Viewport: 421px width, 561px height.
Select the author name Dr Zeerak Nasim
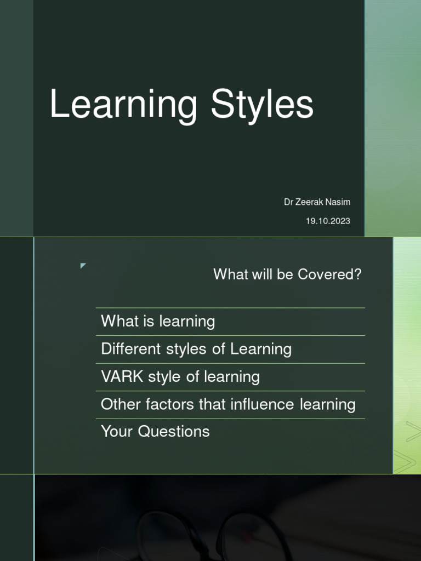coord(317,202)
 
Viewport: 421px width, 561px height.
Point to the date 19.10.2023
coord(328,221)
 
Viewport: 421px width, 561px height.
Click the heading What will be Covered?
coord(287,274)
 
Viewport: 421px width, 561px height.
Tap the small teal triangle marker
coord(83,266)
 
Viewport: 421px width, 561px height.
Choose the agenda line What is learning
coord(158,321)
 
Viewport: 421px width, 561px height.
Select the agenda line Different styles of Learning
coord(196,349)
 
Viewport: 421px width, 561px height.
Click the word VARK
coord(122,376)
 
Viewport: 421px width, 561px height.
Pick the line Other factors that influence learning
coord(229,405)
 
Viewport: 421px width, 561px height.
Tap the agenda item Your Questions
coord(155,432)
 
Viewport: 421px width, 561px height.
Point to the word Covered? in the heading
coord(329,274)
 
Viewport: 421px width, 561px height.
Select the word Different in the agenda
coord(131,349)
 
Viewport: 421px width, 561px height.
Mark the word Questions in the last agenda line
coord(174,432)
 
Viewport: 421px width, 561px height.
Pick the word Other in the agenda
coord(121,404)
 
